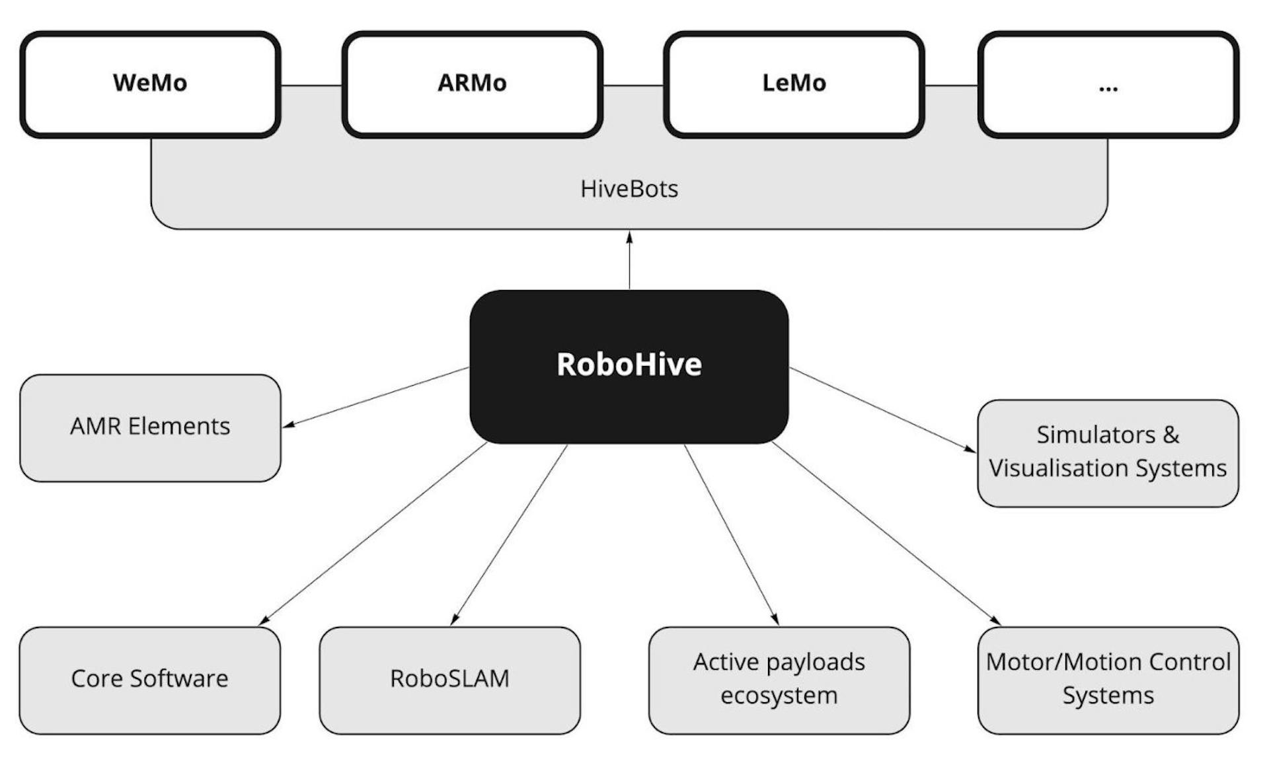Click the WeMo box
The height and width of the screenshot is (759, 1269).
(150, 84)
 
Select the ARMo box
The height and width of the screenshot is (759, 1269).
(472, 84)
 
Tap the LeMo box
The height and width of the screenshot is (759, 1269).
(793, 84)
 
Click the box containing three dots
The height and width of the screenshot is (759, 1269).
(1108, 84)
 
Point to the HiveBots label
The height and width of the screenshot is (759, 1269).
(629, 189)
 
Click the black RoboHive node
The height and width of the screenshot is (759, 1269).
(629, 365)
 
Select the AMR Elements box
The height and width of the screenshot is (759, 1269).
(150, 427)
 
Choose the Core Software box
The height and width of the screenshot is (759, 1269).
(150, 679)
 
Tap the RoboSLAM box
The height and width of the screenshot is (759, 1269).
(449, 679)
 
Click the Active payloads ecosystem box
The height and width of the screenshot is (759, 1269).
(779, 679)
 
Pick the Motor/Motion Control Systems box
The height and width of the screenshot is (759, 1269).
(1108, 679)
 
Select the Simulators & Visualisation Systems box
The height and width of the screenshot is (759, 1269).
(1108, 452)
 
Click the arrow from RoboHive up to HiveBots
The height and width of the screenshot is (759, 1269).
(629, 261)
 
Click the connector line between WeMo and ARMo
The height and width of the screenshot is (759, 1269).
(311, 85)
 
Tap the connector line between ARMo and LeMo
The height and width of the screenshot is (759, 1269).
(633, 85)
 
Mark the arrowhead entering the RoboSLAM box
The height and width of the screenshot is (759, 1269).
(454, 620)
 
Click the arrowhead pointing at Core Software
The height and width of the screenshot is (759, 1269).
(264, 620)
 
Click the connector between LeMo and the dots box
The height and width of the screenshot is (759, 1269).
(951, 85)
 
